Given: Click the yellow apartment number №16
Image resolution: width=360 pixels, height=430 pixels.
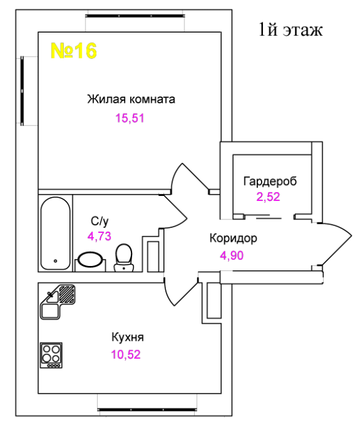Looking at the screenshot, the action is coord(74,50).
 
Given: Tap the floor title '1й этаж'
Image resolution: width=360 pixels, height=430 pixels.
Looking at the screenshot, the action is coord(291,29).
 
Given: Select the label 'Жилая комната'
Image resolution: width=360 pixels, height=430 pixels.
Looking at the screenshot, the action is coord(131,99).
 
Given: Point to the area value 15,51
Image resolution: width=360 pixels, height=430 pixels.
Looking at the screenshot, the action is coord(130,118).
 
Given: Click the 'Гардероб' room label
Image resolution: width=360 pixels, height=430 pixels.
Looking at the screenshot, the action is coord(270,181).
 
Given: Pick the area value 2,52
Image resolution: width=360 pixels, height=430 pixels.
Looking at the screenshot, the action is coord(268,197).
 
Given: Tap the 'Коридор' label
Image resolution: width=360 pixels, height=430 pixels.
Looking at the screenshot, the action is coord(233,238).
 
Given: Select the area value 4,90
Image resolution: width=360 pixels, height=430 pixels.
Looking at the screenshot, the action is coord(232,256).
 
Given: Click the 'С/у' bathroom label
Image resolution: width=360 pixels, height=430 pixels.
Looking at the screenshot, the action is coord(100,221).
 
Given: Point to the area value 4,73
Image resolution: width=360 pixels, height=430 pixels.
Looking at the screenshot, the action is coord(100,236).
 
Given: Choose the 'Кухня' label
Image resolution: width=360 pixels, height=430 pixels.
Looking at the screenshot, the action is coord(128,337).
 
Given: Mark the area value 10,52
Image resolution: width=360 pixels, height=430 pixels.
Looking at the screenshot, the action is coord(126,354).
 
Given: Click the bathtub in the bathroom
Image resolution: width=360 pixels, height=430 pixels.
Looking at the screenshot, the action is coord(55,233).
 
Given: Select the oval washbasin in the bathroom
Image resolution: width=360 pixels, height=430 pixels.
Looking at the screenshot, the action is coord(90,259).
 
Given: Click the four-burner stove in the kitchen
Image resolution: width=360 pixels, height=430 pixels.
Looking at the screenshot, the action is coord(51,355).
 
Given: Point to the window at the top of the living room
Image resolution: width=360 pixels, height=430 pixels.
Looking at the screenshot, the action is coord(135,16).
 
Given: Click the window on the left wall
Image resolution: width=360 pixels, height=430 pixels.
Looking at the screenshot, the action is coord(22,91).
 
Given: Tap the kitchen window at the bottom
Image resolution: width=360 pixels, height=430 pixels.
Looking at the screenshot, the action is coord(147,410).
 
